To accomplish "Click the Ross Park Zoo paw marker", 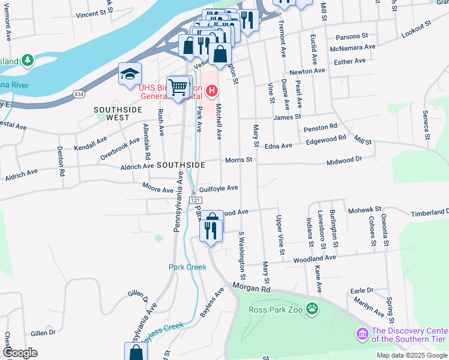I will (312, 309).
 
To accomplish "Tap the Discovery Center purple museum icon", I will (362, 333).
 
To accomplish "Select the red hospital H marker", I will (211, 91).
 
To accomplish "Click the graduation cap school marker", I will (130, 74).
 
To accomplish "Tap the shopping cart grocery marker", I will (178, 88).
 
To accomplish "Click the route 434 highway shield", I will (79, 94).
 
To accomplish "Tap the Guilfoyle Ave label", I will (218, 188).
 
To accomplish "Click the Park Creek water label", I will (187, 266).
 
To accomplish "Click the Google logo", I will (20, 353).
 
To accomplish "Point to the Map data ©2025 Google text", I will (412, 355).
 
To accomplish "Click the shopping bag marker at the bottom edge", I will (136, 352).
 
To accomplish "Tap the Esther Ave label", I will (349, 61).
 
